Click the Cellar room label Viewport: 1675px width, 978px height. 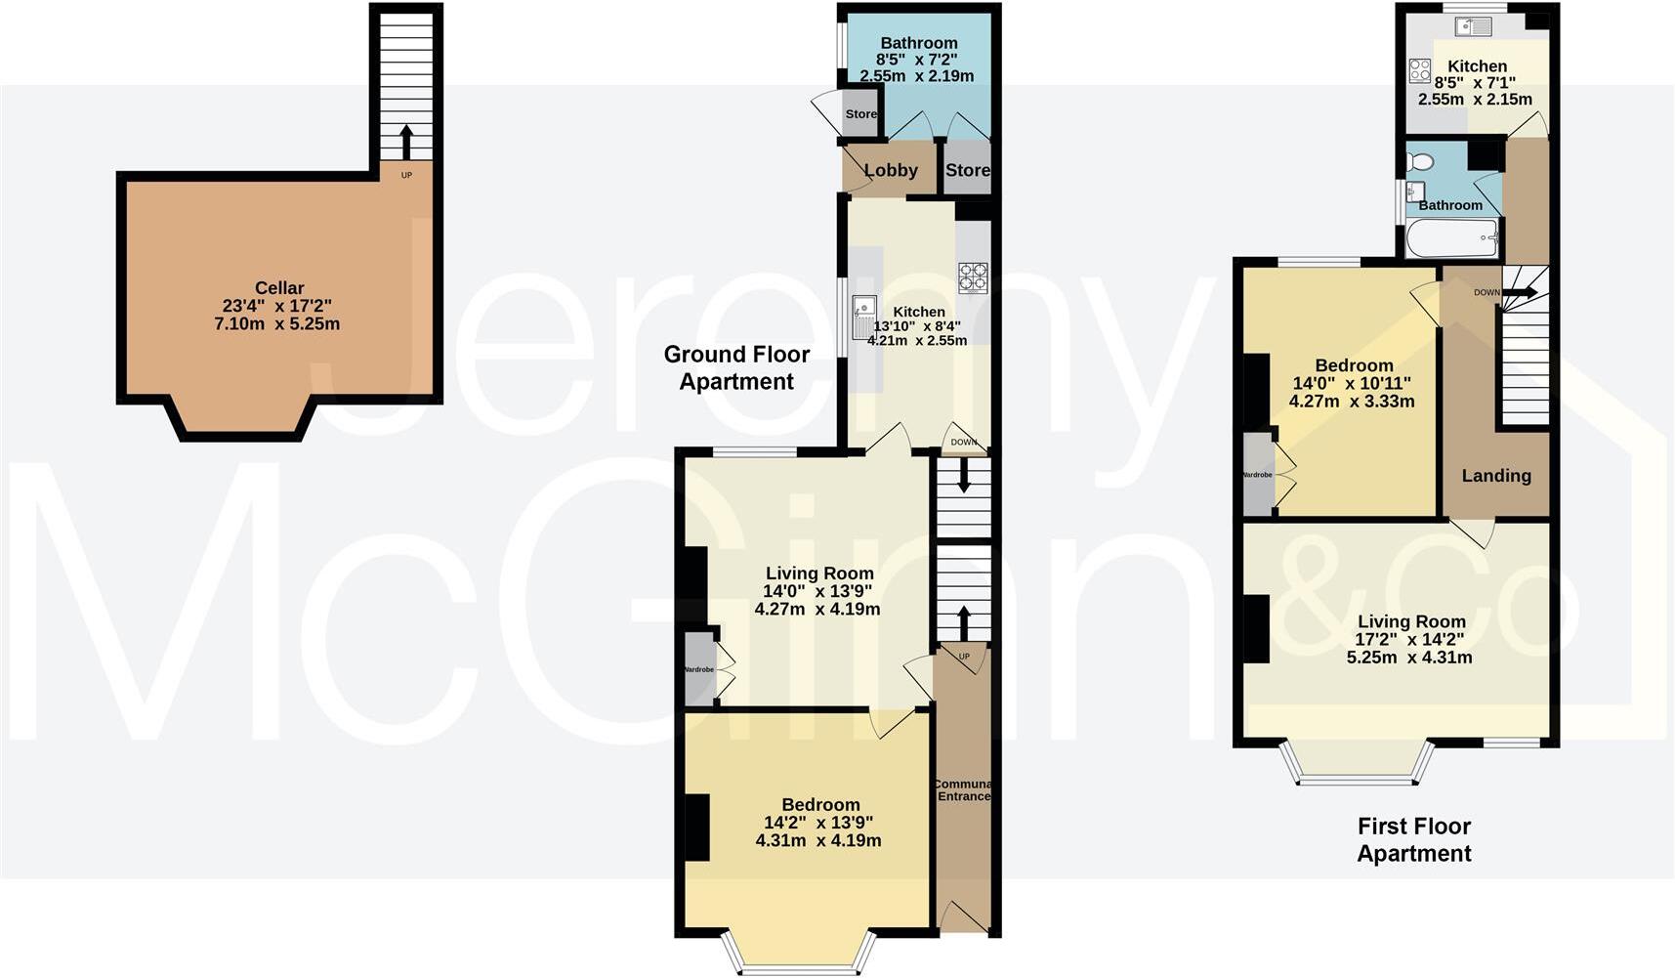pos(279,288)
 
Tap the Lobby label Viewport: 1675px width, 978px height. pos(891,170)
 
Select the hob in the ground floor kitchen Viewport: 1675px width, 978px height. pos(973,277)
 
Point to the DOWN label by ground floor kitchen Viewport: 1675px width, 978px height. pos(964,443)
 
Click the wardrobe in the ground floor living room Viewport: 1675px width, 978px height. pos(699,670)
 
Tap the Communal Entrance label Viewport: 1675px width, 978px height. pos(963,790)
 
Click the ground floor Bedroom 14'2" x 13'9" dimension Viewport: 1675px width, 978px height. pos(819,823)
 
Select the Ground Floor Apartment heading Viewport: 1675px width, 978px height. pos(736,367)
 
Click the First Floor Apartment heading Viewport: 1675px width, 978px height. pos(1413,839)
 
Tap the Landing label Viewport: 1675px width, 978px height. pos(1495,476)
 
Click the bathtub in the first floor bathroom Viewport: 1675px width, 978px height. pos(1451,237)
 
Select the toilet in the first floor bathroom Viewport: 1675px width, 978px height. pos(1420,161)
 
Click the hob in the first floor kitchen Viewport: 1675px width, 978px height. pos(1419,70)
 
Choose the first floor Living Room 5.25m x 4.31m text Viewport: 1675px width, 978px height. pos(1409,658)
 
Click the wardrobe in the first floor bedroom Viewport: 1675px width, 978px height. pos(1259,475)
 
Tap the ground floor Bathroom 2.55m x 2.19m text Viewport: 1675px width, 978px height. pos(916,75)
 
